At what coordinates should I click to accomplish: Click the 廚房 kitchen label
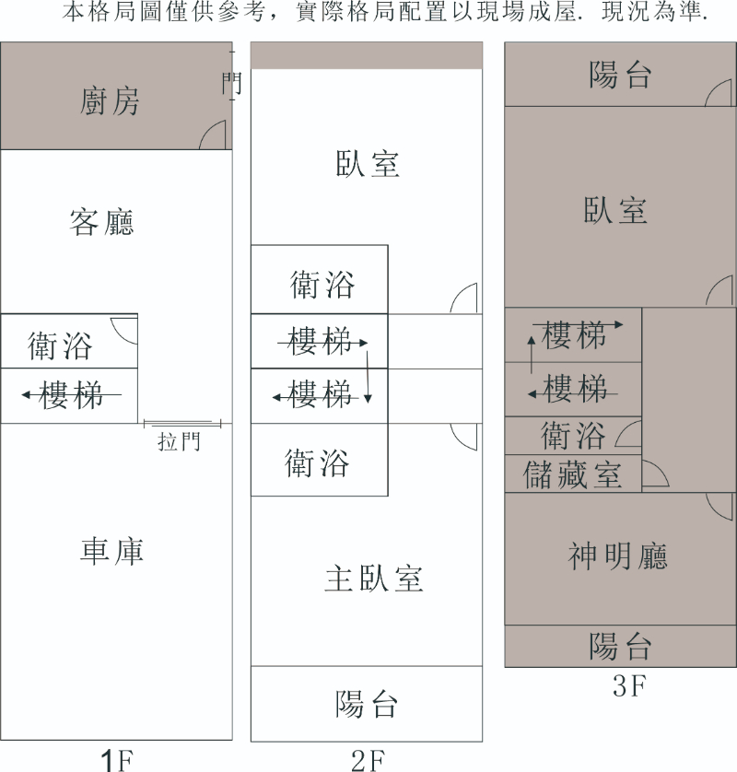(111, 101)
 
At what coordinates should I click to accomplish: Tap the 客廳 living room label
(102, 222)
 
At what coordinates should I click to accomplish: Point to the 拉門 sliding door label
(179, 442)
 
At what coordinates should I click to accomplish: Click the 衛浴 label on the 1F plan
(61, 346)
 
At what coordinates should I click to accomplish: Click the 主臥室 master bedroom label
(374, 579)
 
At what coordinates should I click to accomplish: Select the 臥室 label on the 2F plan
(367, 164)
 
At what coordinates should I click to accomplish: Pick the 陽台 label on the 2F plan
(367, 704)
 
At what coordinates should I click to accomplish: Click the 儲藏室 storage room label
(573, 474)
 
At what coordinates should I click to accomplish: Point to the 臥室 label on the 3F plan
(615, 210)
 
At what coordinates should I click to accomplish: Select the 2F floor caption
(367, 760)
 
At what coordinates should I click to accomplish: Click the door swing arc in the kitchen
(214, 135)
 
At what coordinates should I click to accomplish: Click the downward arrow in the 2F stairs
(368, 373)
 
